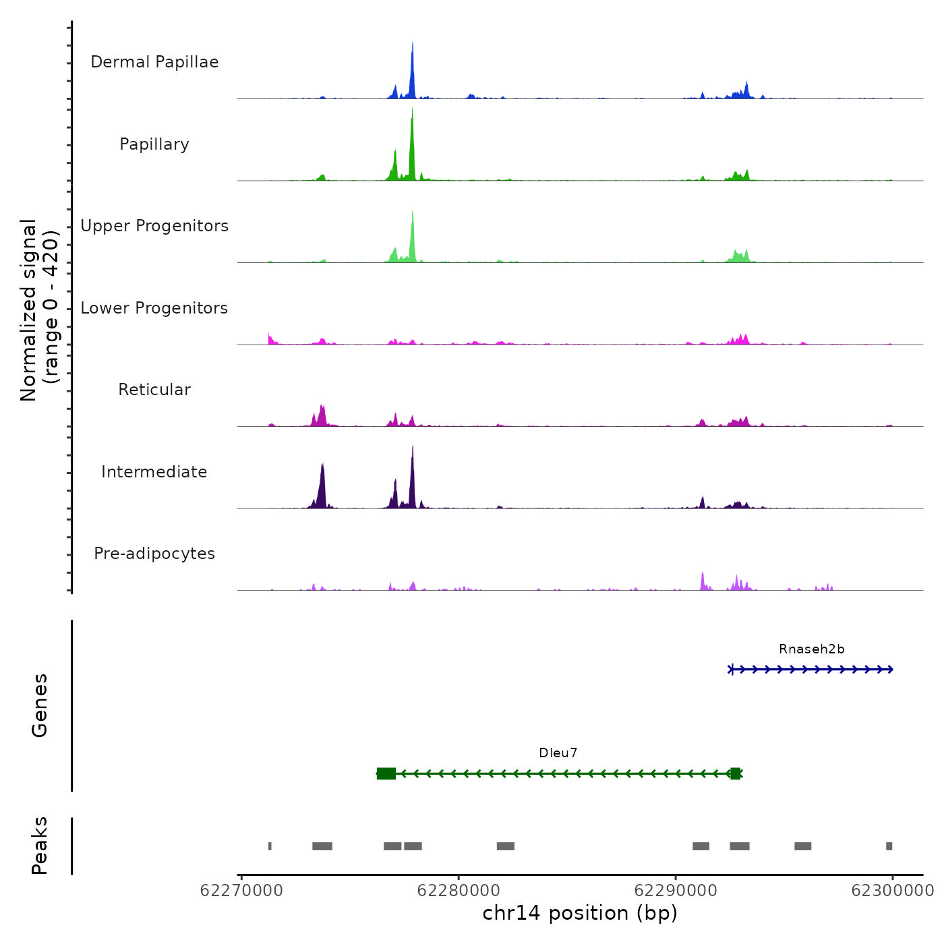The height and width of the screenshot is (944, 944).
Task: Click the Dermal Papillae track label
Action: tap(154, 62)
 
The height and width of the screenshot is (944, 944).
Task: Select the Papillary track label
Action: tap(154, 144)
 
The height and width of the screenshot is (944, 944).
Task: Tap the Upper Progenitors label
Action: tap(154, 226)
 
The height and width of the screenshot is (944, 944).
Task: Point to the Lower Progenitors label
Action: tap(154, 308)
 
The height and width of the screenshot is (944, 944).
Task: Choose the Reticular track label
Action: tap(154, 390)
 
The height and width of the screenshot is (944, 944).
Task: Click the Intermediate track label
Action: tap(154, 472)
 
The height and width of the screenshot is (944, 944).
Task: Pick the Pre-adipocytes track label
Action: tap(154, 554)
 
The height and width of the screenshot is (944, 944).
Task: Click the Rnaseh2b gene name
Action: tap(811, 649)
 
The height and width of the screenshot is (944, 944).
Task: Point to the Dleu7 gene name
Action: tap(558, 753)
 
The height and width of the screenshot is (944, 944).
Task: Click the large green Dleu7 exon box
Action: tap(386, 773)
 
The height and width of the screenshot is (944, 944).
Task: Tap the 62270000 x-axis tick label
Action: tap(241, 891)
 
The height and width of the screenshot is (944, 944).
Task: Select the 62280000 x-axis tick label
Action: tap(459, 891)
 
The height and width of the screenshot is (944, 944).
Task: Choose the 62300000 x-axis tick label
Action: tap(892, 891)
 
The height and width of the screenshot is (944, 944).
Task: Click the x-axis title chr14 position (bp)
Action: tap(580, 914)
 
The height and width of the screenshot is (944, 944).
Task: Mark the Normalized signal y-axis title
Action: tap(39, 310)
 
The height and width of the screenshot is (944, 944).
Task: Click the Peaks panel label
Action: tap(40, 846)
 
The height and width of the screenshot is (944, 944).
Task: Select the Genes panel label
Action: tap(40, 705)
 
